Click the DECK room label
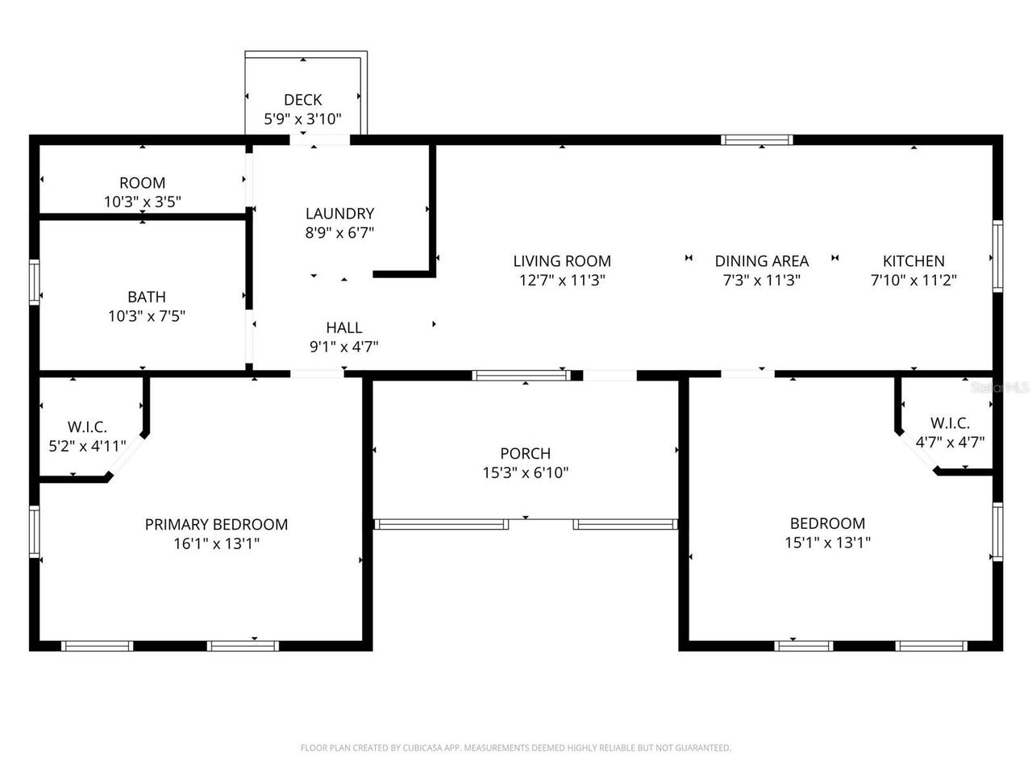tap(303, 100)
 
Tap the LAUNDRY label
tap(339, 214)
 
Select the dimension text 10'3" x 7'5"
tap(147, 316)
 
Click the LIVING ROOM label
tap(562, 261)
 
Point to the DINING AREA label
tap(761, 261)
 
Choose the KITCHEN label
tap(913, 261)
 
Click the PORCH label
tap(526, 454)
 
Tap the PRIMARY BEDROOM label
tap(216, 525)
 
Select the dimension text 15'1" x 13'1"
tap(827, 543)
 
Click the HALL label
tap(344, 328)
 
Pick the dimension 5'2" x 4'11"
tap(87, 445)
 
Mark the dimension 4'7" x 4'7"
tap(950, 442)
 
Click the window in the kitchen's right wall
tap(997, 256)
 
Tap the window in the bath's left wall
tap(35, 282)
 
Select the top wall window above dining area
tap(757, 140)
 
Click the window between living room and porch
tap(521, 375)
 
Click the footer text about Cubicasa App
tap(516, 748)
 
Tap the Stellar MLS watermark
tap(1000, 388)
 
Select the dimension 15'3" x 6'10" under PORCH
tap(526, 473)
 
